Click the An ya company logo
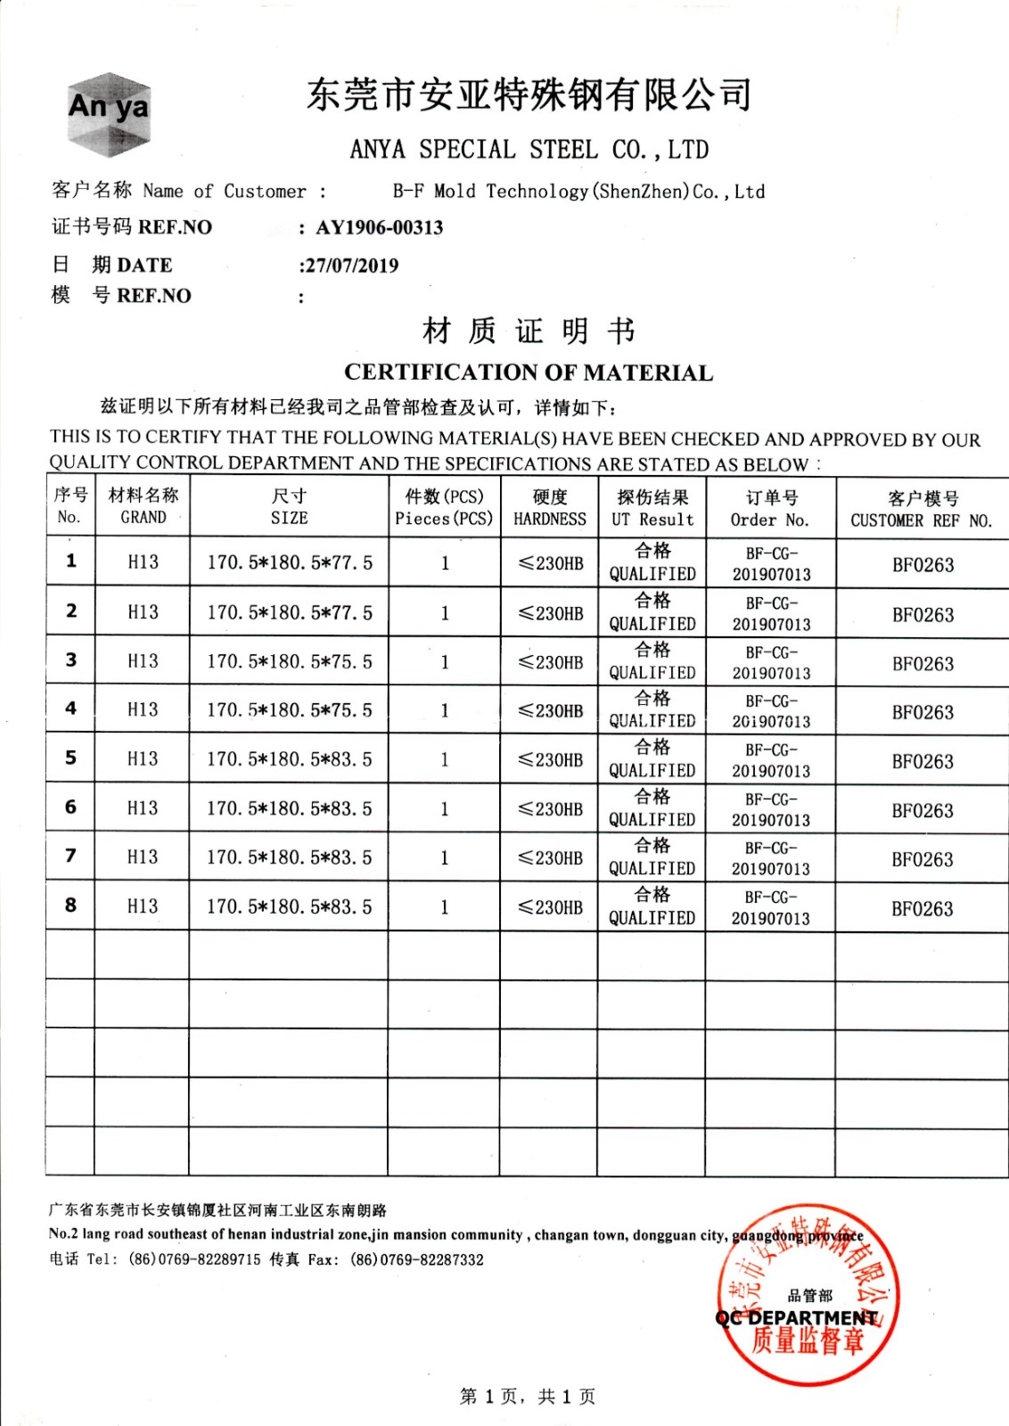tap(109, 113)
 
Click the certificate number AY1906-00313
tap(379, 227)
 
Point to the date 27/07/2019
tap(349, 266)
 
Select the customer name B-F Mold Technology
tap(578, 192)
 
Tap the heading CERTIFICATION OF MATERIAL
tap(529, 373)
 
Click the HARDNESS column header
tap(550, 507)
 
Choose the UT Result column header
tap(652, 508)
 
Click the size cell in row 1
tap(290, 562)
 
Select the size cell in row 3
tap(290, 662)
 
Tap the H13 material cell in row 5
tap(143, 759)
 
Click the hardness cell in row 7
tap(551, 858)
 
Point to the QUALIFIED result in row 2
tap(652, 613)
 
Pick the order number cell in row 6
tap(771, 809)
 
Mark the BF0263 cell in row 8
tap(923, 909)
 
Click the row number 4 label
tap(70, 709)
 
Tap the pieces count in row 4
tap(445, 711)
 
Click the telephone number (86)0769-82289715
tap(194, 1259)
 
